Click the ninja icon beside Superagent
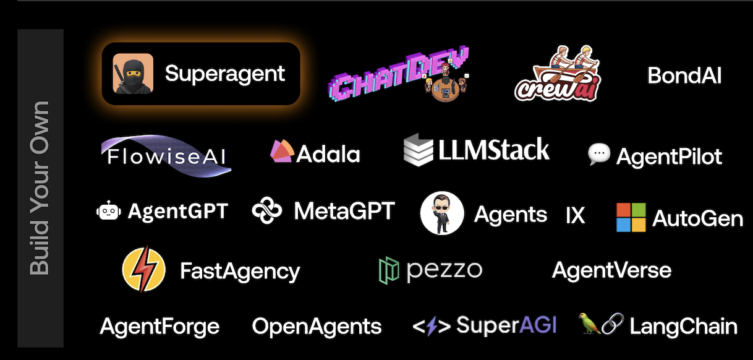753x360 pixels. [133, 74]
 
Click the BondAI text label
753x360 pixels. [684, 75]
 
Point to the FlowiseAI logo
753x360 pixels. [166, 154]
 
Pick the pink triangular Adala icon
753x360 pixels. [281, 152]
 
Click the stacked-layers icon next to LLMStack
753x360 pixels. [418, 151]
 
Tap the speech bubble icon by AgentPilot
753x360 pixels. [599, 154]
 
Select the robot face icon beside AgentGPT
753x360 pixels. [109, 212]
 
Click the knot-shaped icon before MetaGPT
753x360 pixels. [267, 211]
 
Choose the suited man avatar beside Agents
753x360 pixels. [441, 213]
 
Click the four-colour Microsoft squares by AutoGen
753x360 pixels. [631, 217]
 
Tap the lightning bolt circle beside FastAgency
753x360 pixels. [144, 270]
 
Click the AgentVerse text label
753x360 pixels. [611, 270]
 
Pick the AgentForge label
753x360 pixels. [160, 326]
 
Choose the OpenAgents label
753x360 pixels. [317, 326]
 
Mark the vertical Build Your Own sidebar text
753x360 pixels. [40, 187]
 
